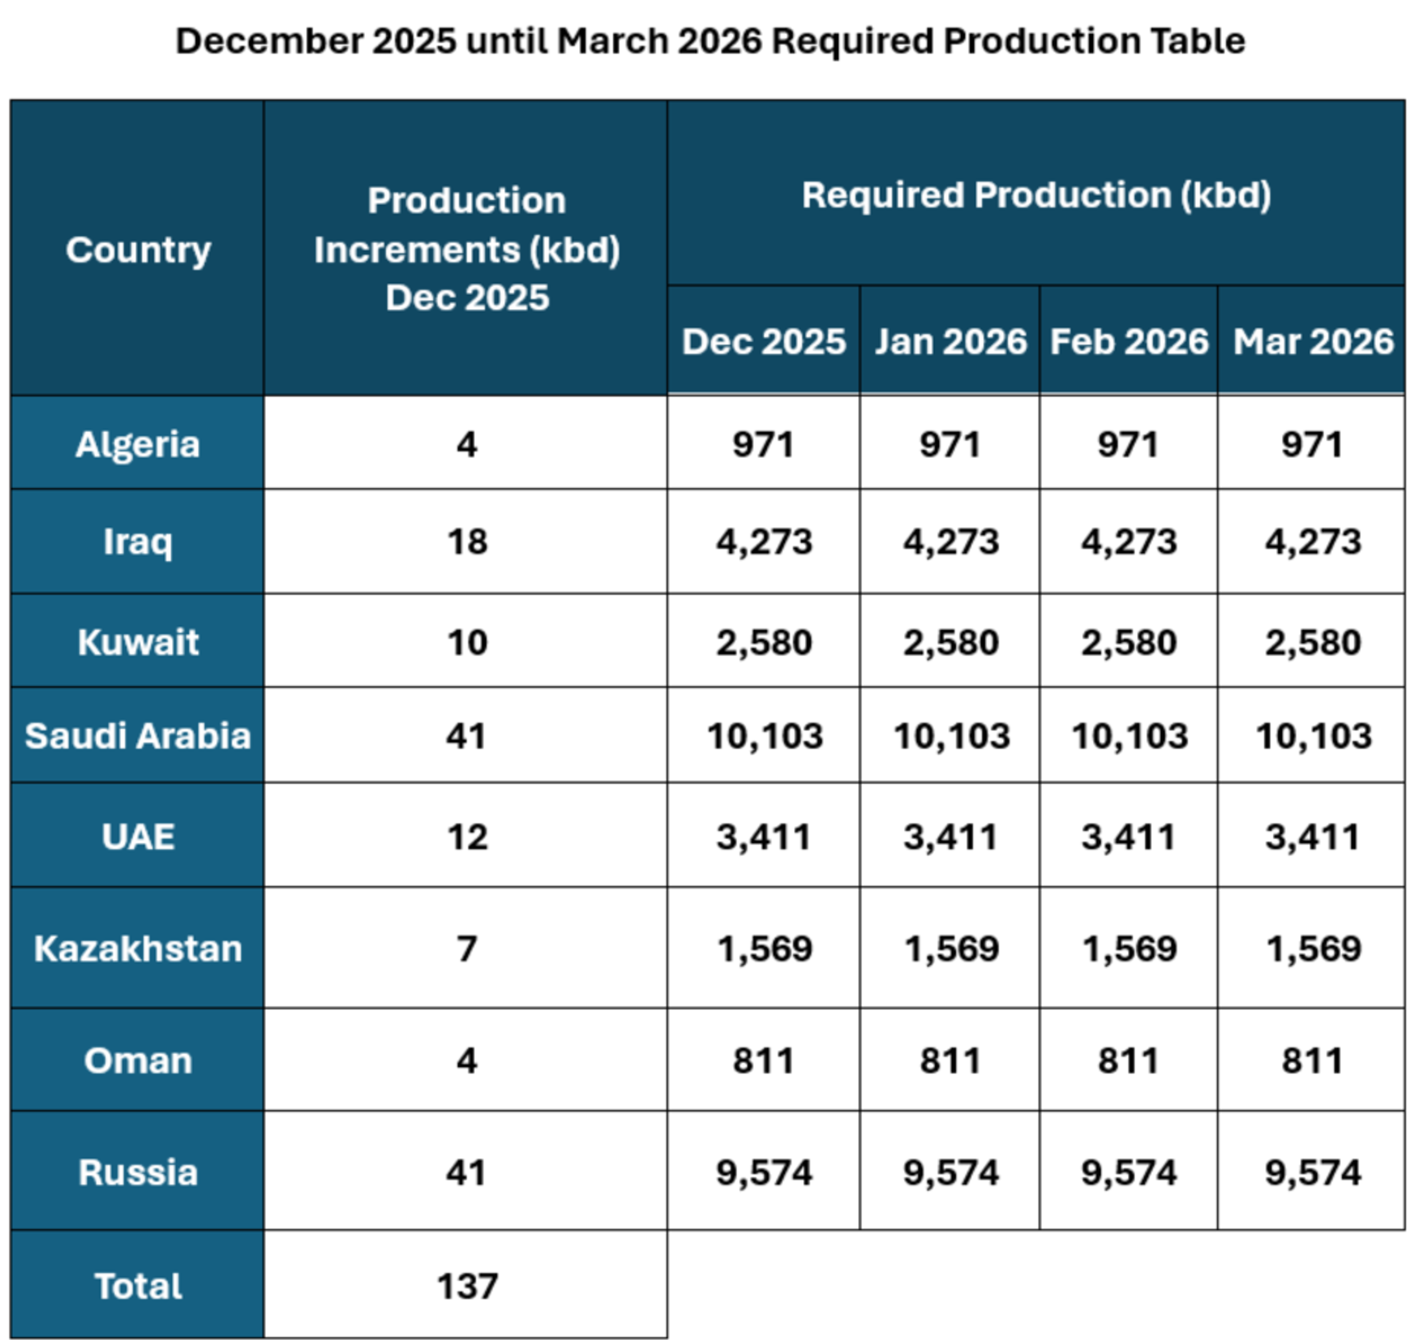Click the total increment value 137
467,1285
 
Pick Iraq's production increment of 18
467,541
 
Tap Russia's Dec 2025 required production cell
764,1172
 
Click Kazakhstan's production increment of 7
467,948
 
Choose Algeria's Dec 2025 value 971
764,444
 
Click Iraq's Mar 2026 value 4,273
1312,541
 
